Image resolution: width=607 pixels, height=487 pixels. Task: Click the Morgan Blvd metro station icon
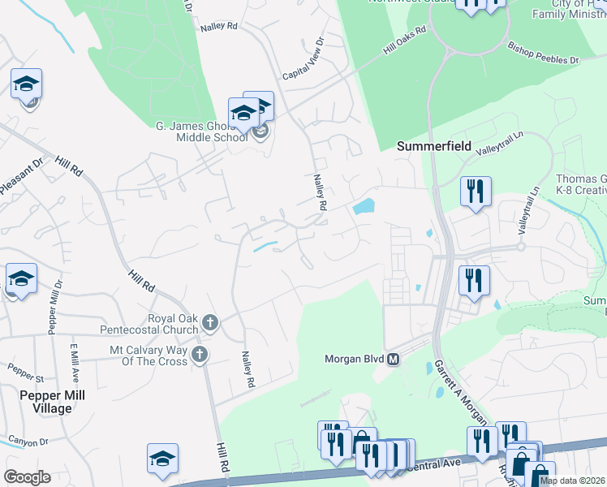[394, 359]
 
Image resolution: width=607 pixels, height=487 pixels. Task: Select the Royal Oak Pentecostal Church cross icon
[209, 323]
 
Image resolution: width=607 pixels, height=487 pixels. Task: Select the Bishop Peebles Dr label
[544, 53]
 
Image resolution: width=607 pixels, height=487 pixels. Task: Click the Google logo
[27, 477]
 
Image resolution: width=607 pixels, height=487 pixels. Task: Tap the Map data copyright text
[571, 481]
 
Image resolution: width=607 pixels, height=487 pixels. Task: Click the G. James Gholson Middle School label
[201, 131]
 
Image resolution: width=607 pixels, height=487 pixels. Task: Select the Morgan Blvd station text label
[354, 359]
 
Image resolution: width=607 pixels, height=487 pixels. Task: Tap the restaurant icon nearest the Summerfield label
[474, 192]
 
